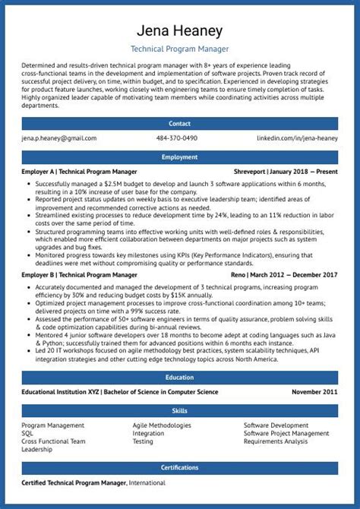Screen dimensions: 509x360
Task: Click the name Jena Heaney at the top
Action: (180, 31)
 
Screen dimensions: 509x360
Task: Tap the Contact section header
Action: (180, 122)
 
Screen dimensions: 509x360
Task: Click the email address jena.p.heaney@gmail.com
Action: (59, 138)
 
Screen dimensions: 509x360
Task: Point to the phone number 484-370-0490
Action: (177, 138)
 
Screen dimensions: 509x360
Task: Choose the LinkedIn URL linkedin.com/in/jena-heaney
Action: (297, 138)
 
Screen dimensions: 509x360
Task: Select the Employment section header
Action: (180, 156)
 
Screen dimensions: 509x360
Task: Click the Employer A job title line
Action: (80, 172)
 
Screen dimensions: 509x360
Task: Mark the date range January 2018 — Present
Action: (308, 172)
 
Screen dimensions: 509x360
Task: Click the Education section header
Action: (180, 377)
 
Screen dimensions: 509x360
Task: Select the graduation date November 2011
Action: (314, 392)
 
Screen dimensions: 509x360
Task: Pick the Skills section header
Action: (180, 410)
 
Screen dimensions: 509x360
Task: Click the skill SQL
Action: (28, 433)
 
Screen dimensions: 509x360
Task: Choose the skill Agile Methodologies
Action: (162, 425)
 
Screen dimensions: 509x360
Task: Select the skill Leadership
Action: (37, 449)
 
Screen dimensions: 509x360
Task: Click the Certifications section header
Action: (180, 467)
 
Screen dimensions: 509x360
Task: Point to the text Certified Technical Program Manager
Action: (74, 482)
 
